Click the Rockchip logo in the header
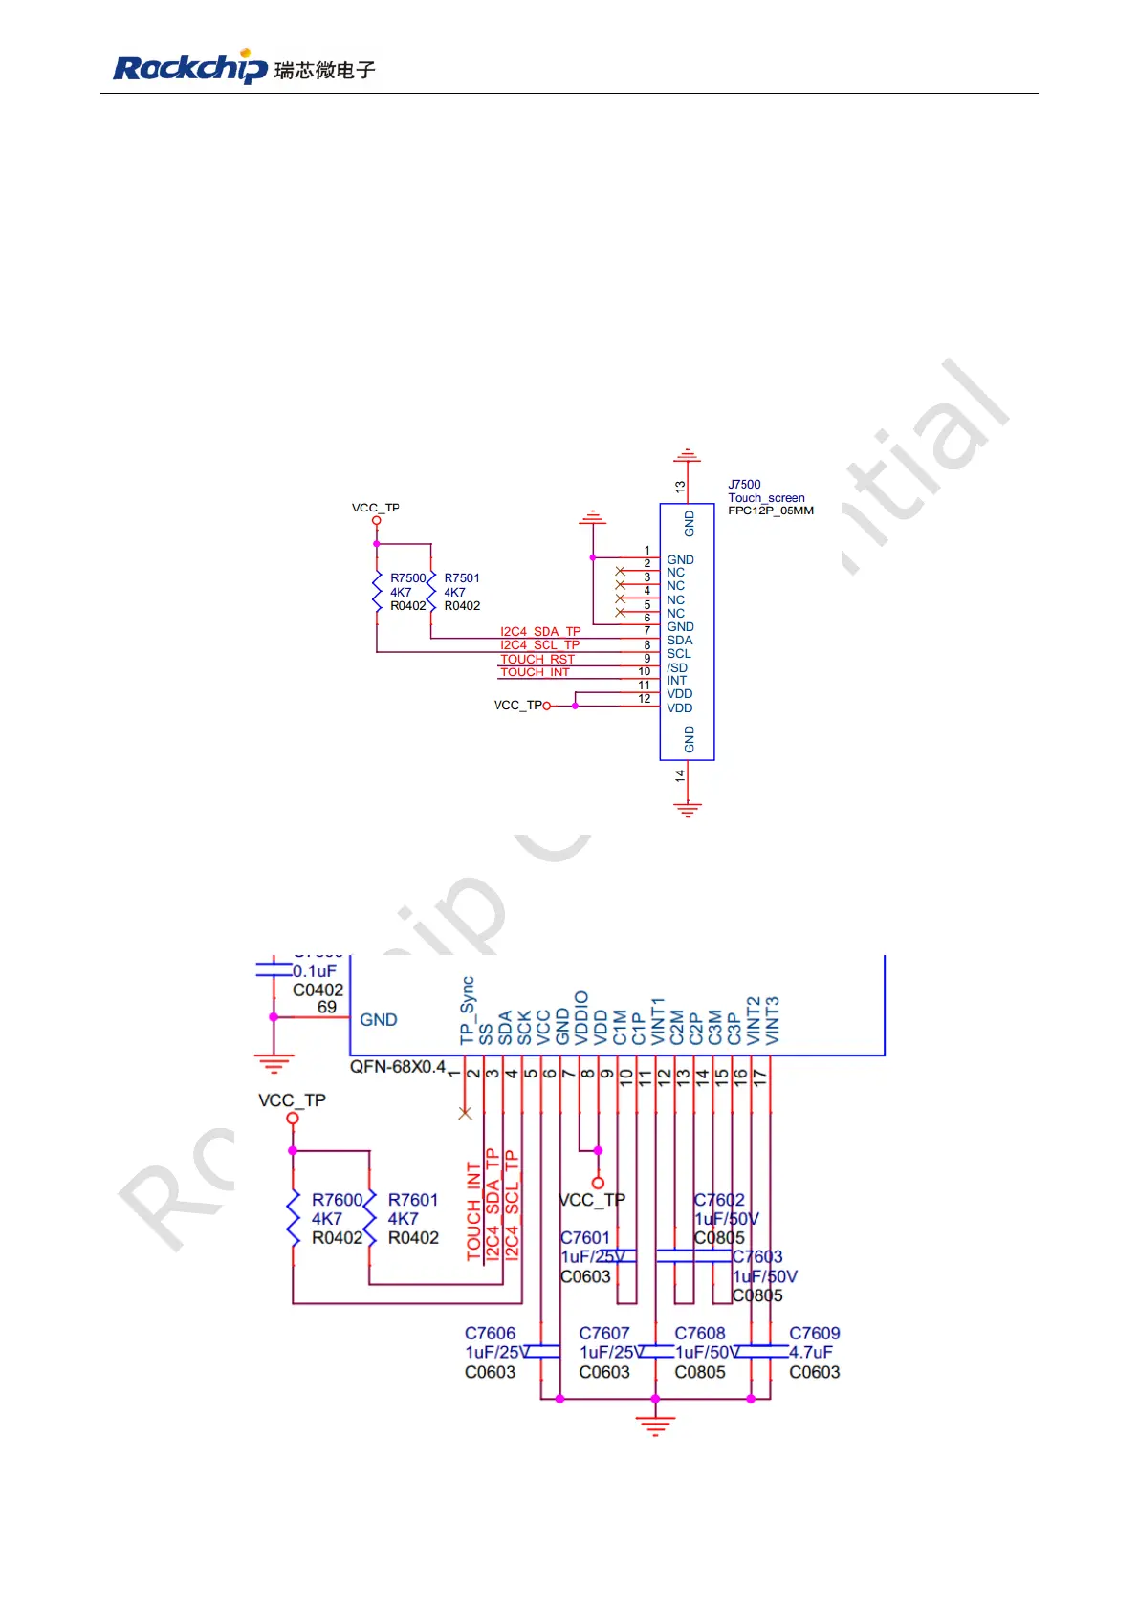pyautogui.click(x=190, y=68)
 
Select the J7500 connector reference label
pyautogui.click(x=744, y=485)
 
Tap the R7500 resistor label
pyautogui.click(x=407, y=578)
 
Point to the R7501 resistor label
pyautogui.click(x=462, y=578)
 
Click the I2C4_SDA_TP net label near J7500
pyautogui.click(x=540, y=632)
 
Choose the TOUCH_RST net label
pyautogui.click(x=537, y=660)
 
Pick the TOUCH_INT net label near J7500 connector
pyautogui.click(x=535, y=673)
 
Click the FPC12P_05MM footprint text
pyautogui.click(x=771, y=511)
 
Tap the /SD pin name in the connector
pyautogui.click(x=677, y=667)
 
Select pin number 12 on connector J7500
pyautogui.click(x=645, y=699)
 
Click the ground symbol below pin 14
pyautogui.click(x=687, y=811)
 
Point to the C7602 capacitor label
pyautogui.click(x=719, y=1200)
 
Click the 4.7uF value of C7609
pyautogui.click(x=811, y=1352)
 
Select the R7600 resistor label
pyautogui.click(x=337, y=1200)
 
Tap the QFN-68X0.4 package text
pyautogui.click(x=398, y=1067)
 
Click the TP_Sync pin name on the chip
pyautogui.click(x=467, y=1011)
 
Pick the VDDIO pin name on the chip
pyautogui.click(x=581, y=1017)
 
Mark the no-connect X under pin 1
pyautogui.click(x=466, y=1113)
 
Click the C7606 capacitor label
pyautogui.click(x=490, y=1334)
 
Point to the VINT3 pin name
pyautogui.click(x=773, y=1020)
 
